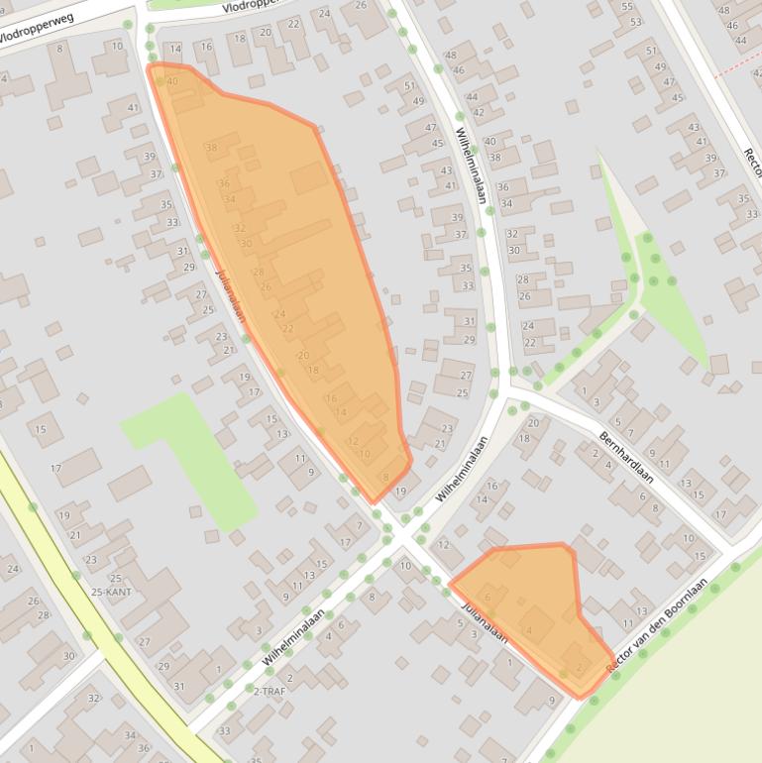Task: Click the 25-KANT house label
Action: pyautogui.click(x=111, y=592)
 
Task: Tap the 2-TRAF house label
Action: pyautogui.click(x=269, y=691)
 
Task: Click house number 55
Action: pyautogui.click(x=626, y=6)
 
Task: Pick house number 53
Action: pyautogui.click(x=634, y=21)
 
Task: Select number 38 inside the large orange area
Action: pyautogui.click(x=211, y=148)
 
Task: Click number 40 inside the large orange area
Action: pyautogui.click(x=172, y=81)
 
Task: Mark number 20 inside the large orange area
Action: pyautogui.click(x=303, y=355)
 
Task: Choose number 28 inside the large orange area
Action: pyautogui.click(x=258, y=272)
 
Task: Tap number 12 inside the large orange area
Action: pyautogui.click(x=353, y=441)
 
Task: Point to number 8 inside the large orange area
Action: pyautogui.click(x=385, y=478)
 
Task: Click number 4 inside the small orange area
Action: pyautogui.click(x=529, y=630)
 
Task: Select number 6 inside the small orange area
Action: pyautogui.click(x=488, y=597)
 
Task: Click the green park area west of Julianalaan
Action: pyautogui.click(x=188, y=456)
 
